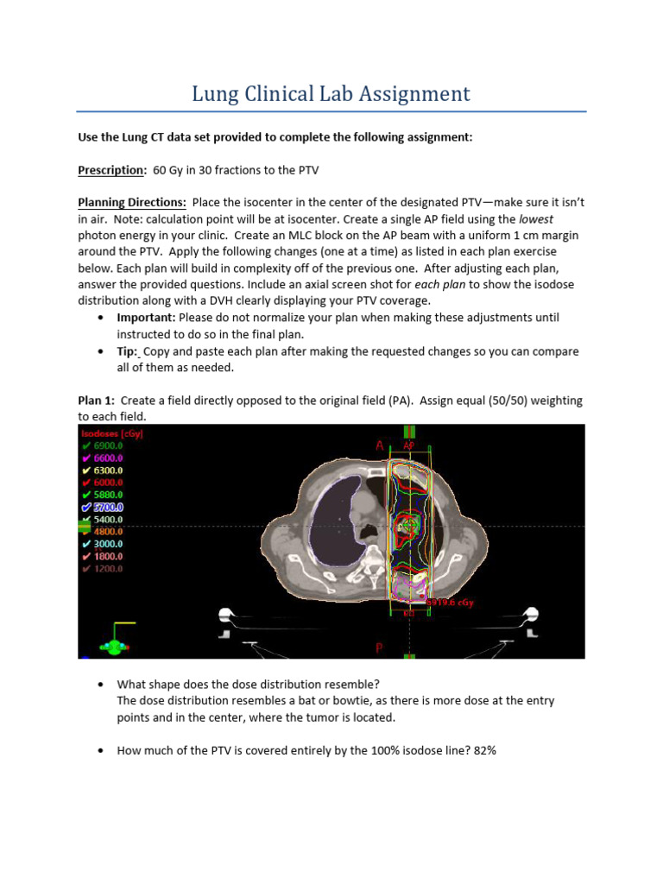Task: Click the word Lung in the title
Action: point(216,93)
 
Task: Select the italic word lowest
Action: point(536,218)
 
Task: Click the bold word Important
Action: point(150,318)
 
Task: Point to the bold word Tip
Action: point(126,350)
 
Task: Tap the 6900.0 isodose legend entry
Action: point(107,445)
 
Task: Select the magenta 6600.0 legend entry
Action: point(107,458)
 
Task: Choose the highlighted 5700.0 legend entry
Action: point(107,508)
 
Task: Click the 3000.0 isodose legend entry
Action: point(107,544)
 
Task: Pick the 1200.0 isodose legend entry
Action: point(107,569)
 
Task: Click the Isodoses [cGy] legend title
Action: point(112,433)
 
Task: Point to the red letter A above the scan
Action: point(379,445)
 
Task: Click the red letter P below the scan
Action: point(378,647)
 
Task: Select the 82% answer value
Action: point(484,750)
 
